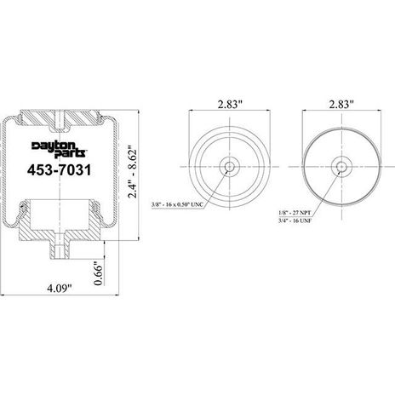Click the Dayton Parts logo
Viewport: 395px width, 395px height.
coord(59,149)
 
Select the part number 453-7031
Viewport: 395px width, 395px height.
coord(60,170)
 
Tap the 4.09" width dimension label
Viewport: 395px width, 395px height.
coord(59,289)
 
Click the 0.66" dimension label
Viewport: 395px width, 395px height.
coord(98,273)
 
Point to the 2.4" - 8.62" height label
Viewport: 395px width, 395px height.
coord(132,172)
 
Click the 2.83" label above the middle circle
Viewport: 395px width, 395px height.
coord(230,105)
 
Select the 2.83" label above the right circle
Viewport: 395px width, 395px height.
coord(341,105)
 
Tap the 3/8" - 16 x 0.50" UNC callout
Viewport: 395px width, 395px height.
coord(177,204)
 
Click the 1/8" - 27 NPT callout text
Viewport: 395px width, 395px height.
coord(295,213)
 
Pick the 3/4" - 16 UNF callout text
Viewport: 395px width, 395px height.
coord(295,220)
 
